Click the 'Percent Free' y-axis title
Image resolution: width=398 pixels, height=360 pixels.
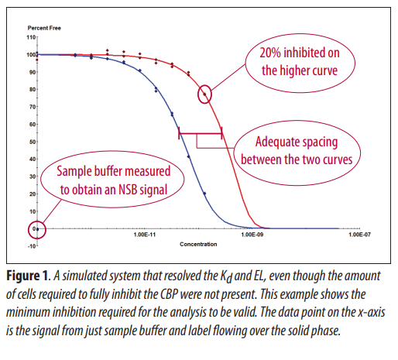pos(44,28)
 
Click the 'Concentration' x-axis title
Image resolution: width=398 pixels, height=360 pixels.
pos(198,244)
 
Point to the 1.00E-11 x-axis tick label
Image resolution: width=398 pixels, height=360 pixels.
pos(145,235)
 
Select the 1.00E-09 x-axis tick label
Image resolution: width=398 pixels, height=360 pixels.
pos(252,235)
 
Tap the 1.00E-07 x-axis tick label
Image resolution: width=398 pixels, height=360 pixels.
pos(359,235)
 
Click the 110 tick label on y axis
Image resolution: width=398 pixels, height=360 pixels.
pos(31,37)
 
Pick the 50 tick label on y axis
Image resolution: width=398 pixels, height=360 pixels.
pos(33,142)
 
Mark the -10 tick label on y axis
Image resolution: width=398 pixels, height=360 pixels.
pos(32,246)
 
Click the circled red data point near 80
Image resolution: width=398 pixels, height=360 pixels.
pos(204,94)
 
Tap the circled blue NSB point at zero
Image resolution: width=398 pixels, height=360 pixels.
pos(37,229)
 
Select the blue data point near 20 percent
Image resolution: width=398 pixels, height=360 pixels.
pos(204,194)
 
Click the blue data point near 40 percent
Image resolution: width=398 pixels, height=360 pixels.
pos(189,156)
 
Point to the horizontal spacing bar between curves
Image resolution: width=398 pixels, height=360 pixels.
pos(201,133)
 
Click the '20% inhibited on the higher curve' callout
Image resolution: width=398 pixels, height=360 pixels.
pos(300,63)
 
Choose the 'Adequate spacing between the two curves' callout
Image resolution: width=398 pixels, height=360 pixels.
pos(297,153)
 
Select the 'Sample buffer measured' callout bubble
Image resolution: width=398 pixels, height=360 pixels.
pos(112,180)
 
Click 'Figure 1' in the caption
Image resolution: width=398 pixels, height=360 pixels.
pos(27,276)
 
